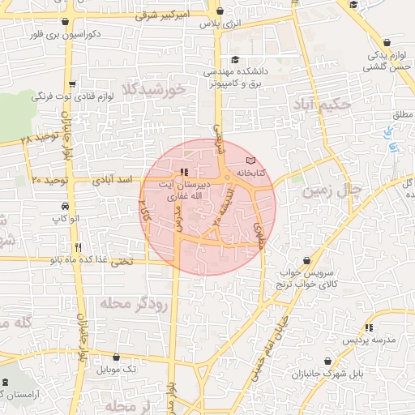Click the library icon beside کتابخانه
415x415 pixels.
[250, 161]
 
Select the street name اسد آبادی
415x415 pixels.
[107, 177]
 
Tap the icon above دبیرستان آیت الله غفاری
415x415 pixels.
[184, 172]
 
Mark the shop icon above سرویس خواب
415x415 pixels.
[306, 260]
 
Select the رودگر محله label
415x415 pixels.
[134, 303]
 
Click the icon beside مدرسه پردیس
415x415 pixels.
[369, 327]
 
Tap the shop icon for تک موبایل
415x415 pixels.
[118, 357]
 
